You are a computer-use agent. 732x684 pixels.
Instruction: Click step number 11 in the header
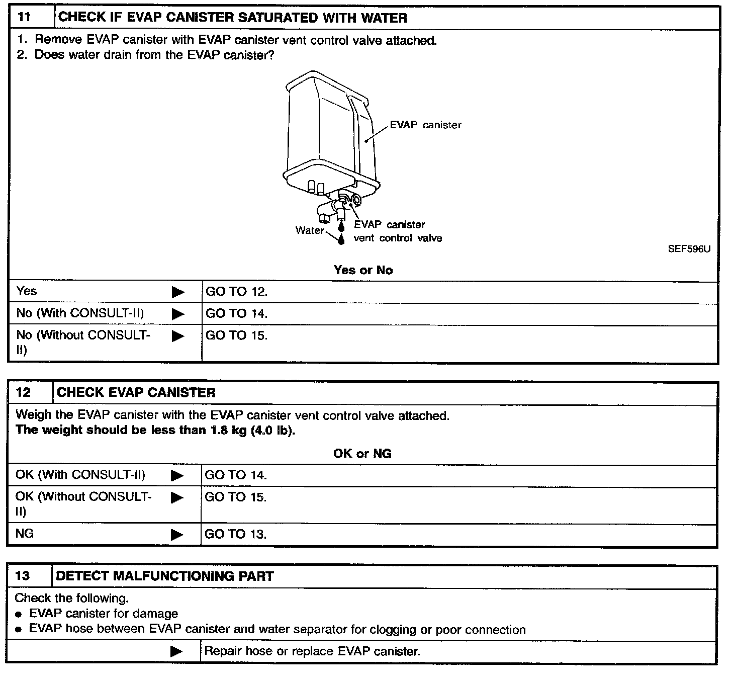[24, 18]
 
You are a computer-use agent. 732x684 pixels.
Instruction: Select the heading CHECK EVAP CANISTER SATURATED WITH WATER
[233, 18]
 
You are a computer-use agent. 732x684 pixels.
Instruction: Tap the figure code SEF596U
[689, 249]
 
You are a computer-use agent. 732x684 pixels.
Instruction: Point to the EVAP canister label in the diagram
[425, 125]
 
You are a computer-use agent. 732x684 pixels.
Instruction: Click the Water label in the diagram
[310, 230]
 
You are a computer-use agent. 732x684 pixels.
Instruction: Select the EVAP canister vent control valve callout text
[397, 231]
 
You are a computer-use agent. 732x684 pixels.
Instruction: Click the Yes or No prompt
[363, 270]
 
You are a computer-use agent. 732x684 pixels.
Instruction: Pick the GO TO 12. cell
[236, 292]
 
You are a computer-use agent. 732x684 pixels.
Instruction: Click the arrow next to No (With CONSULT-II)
[178, 314]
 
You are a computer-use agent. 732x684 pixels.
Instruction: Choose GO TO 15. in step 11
[236, 335]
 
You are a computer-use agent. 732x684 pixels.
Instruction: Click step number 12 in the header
[23, 393]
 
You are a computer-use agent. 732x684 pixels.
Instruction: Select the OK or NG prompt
[362, 454]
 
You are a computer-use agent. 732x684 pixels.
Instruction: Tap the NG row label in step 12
[25, 533]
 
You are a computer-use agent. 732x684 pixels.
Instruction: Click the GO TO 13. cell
[235, 534]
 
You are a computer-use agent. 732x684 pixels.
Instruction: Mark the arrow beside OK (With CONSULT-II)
[177, 475]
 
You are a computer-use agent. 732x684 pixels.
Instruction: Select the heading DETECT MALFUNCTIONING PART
[165, 576]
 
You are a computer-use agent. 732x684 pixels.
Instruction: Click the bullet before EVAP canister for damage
[19, 615]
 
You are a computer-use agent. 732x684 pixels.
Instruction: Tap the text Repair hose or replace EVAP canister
[312, 652]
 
